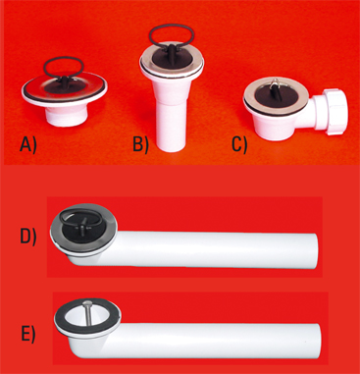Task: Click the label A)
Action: point(28,145)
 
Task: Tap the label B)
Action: point(141,144)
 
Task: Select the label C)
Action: point(239,144)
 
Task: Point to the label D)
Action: point(28,237)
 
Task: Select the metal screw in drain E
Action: point(87,314)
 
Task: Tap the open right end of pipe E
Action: point(317,342)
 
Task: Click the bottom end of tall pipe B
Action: point(171,148)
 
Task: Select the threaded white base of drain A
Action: point(69,116)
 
